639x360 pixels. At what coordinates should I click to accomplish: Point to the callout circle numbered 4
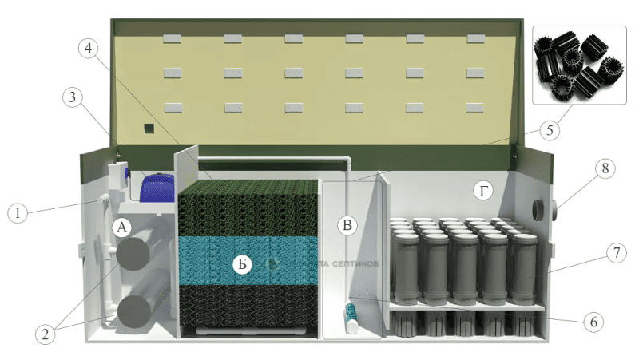pyautogui.click(x=90, y=48)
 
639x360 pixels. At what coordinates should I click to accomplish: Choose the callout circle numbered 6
pyautogui.click(x=592, y=322)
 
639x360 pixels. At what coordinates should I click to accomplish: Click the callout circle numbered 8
pyautogui.click(x=604, y=170)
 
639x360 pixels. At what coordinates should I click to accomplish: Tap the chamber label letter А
pyautogui.click(x=122, y=227)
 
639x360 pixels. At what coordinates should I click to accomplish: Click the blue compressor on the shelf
pyautogui.click(x=160, y=188)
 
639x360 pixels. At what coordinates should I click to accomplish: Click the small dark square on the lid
pyautogui.click(x=147, y=129)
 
